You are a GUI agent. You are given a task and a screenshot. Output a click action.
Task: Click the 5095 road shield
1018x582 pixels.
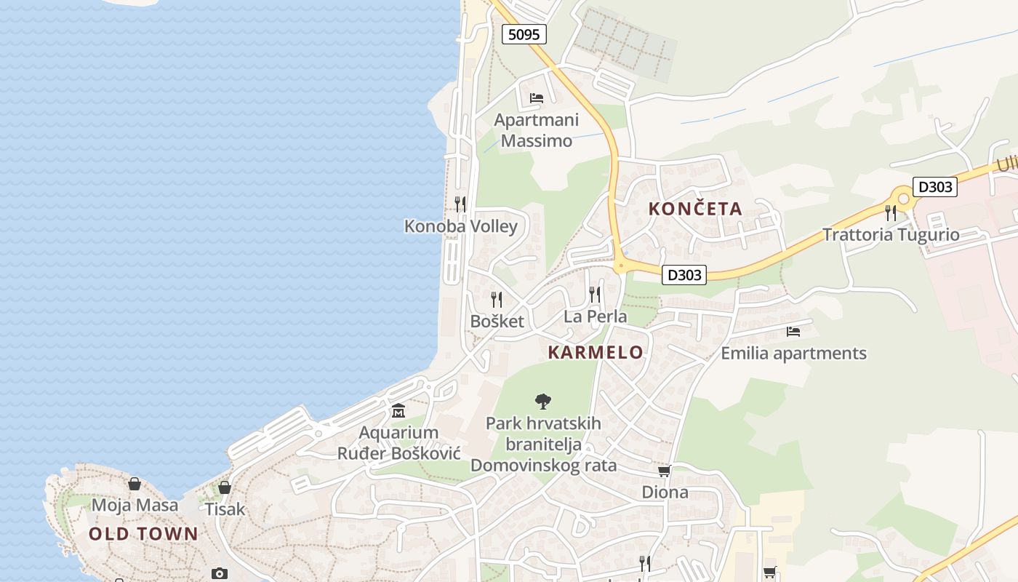(x=524, y=34)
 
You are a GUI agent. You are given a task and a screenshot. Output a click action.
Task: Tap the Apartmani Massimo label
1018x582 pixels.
(x=537, y=130)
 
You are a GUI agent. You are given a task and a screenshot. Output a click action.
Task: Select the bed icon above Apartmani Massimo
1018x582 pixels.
(x=537, y=98)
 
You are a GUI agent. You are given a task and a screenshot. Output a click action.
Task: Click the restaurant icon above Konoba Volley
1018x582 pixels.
(x=460, y=204)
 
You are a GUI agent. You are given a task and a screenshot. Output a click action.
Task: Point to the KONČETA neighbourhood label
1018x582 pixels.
(x=695, y=210)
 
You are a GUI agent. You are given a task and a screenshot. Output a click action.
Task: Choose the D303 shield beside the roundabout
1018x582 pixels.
(x=934, y=187)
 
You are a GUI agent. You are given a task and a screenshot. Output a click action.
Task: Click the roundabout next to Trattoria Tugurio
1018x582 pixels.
(x=904, y=199)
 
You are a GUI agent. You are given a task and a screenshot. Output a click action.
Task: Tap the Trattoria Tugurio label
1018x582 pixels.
(x=891, y=235)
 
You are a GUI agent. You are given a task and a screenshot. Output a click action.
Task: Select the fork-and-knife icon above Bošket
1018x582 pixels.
(x=497, y=299)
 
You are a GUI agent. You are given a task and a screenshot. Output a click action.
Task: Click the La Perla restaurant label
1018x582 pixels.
(x=595, y=316)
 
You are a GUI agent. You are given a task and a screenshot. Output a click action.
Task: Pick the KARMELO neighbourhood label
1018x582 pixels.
(x=596, y=353)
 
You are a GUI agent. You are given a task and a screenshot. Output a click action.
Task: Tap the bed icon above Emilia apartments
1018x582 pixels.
(x=793, y=332)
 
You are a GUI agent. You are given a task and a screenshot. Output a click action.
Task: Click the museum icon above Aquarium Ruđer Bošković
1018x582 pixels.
(x=398, y=412)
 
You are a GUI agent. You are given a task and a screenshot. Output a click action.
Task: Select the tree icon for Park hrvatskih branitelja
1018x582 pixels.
(x=542, y=401)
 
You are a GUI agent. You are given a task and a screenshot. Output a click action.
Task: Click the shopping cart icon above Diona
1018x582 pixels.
(x=664, y=471)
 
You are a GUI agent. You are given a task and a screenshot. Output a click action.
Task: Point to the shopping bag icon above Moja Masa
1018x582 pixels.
(x=135, y=484)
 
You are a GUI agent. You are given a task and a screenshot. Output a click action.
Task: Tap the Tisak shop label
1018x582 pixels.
(x=225, y=509)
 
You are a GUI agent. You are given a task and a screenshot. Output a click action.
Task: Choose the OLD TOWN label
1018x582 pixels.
(x=143, y=534)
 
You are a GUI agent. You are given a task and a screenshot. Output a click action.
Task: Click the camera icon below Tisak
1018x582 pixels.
(x=219, y=573)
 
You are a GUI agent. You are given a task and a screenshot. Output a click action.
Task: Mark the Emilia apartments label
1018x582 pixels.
(x=793, y=354)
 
